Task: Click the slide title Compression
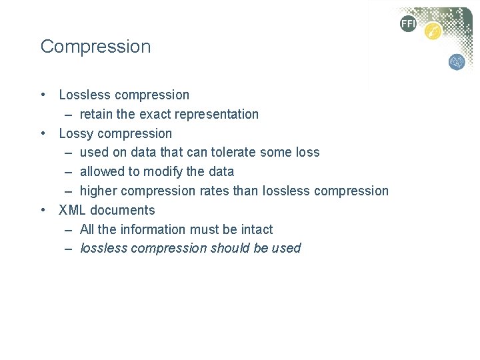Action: click(95, 47)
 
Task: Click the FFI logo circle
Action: click(407, 24)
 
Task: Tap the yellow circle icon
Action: click(433, 31)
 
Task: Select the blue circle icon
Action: click(457, 62)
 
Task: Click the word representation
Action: click(220, 114)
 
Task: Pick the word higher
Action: click(99, 191)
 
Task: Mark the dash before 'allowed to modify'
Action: click(69, 171)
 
